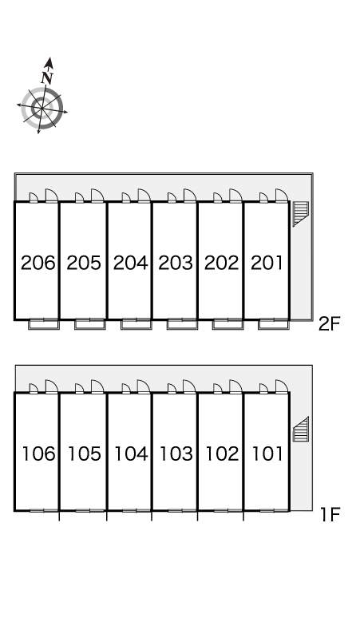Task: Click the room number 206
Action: (38, 263)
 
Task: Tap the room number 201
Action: (267, 263)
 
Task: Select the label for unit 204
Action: (130, 263)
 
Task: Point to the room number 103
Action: (176, 454)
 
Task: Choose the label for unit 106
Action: (38, 454)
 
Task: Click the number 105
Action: (85, 454)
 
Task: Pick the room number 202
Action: (221, 263)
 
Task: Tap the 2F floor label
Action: (329, 324)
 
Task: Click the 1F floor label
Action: (330, 515)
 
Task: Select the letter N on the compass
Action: (47, 77)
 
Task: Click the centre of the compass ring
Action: (42, 108)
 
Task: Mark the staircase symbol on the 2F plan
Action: (300, 214)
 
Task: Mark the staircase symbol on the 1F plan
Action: (301, 429)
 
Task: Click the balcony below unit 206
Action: (44, 324)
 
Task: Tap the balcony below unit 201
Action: (274, 324)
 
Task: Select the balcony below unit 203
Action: (182, 324)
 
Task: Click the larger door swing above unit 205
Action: (97, 196)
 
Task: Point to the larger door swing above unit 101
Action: (281, 386)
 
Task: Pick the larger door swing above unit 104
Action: (144, 386)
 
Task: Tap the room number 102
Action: (222, 454)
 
